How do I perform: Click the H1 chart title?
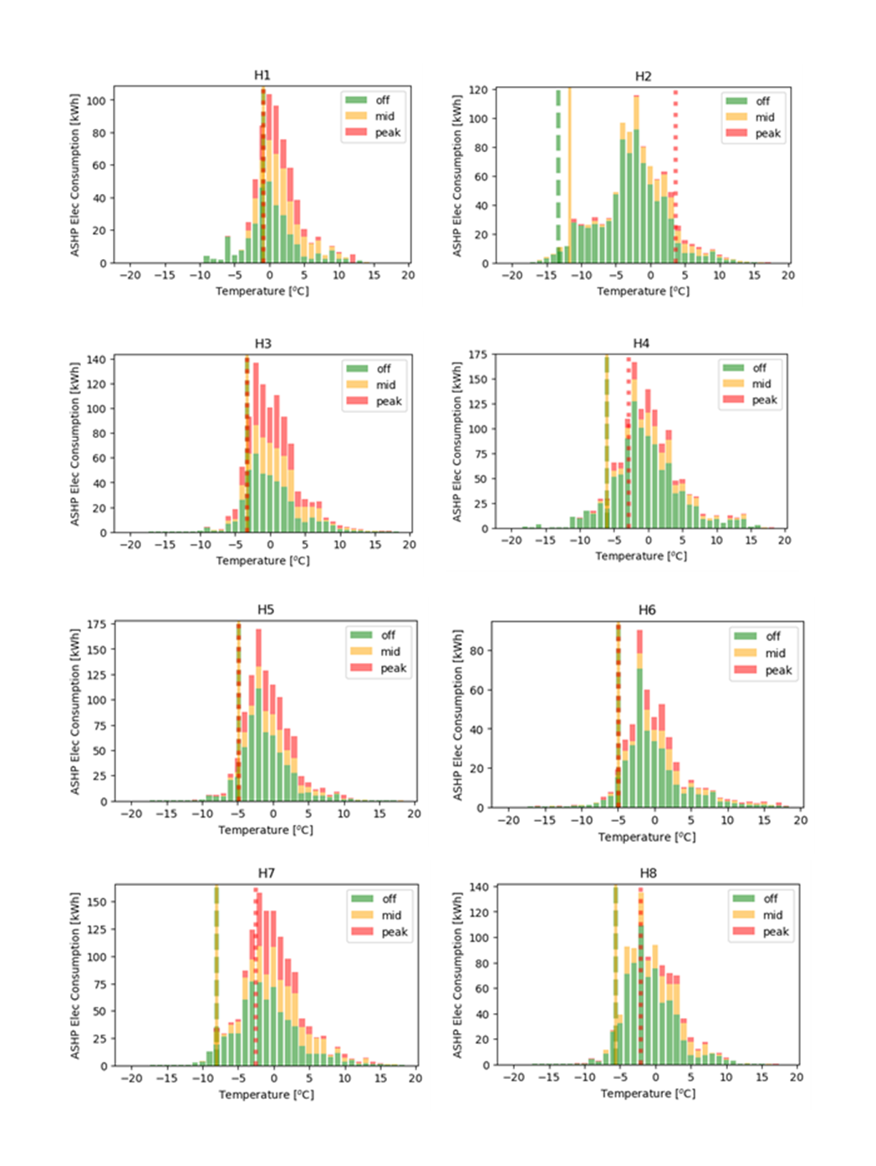coord(262,75)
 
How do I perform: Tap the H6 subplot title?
coord(647,610)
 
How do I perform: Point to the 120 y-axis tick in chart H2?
coord(478,89)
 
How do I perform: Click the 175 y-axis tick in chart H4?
coord(477,354)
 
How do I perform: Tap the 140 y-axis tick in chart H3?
coord(96,359)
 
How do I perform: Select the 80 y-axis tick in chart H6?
coord(476,650)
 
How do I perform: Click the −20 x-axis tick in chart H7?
coord(131,1078)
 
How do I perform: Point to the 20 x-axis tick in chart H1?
coord(408,275)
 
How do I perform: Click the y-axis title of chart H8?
coord(457,975)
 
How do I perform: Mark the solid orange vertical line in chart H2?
coord(569,167)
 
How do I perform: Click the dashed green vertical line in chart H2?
coord(558,167)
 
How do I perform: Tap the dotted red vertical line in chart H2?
coord(675,167)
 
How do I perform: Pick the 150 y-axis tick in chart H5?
coord(96,649)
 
